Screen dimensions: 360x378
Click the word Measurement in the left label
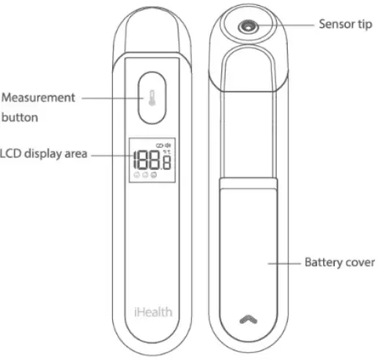[x=38, y=97]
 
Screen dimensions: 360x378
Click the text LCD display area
[x=44, y=154]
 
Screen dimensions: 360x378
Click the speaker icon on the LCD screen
[x=168, y=145]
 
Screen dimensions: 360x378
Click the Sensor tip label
[x=346, y=23]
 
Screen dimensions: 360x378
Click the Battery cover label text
[x=340, y=261]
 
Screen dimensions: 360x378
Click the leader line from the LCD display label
[x=110, y=154]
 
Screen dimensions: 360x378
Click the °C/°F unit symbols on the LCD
[x=166, y=152]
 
